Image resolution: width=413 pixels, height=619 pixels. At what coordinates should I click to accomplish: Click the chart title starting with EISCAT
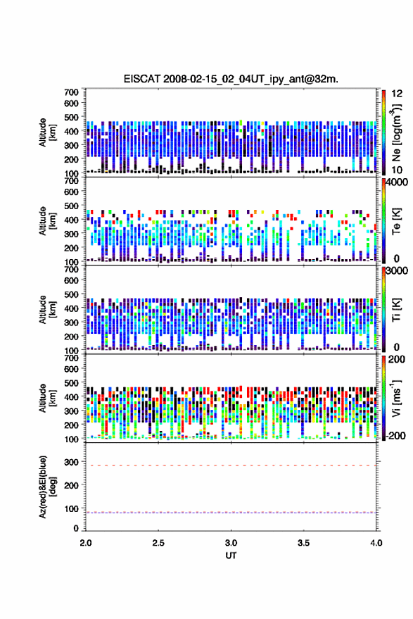[231, 79]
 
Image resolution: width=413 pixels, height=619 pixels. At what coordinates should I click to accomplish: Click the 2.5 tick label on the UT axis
[158, 543]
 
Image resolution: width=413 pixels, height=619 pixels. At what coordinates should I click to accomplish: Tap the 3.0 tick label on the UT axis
[231, 543]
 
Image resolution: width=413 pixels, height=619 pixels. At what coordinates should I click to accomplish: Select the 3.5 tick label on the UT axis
[303, 543]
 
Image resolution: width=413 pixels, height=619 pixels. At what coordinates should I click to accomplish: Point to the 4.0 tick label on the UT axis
[376, 543]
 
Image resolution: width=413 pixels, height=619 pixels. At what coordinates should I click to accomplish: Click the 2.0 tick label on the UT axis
[86, 543]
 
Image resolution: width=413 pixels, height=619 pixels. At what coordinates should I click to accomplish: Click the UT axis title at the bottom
[231, 556]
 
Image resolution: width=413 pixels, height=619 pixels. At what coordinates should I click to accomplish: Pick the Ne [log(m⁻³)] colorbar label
[396, 132]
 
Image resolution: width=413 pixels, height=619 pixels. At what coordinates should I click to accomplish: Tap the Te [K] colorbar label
[396, 221]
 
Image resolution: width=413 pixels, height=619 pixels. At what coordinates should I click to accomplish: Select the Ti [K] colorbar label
[396, 310]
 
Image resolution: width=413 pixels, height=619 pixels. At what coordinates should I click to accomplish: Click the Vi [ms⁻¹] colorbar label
[396, 398]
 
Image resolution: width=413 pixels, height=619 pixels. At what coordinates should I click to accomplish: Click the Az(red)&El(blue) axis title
[48, 487]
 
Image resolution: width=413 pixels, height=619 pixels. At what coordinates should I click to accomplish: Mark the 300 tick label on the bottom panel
[71, 462]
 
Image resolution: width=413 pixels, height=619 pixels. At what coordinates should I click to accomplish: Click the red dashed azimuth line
[231, 465]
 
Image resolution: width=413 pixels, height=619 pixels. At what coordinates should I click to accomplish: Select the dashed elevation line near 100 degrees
[231, 513]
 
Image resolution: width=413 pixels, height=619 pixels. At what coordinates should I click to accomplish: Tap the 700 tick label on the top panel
[71, 92]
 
